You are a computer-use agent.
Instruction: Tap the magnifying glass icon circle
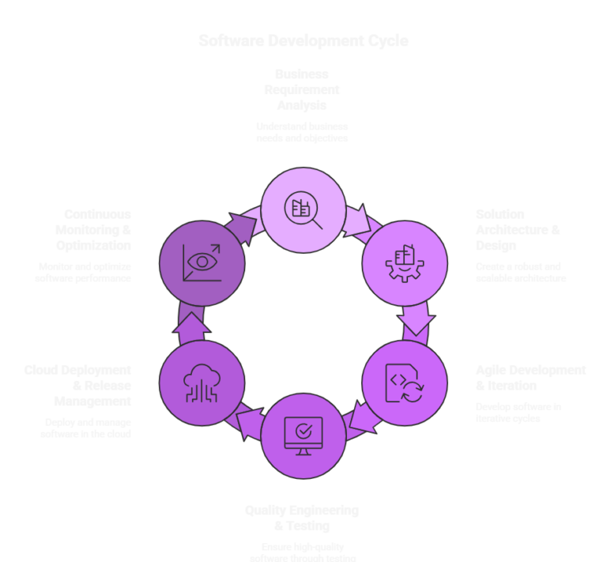click(x=303, y=209)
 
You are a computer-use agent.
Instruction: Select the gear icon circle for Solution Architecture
click(x=404, y=262)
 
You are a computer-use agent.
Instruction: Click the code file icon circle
click(x=404, y=383)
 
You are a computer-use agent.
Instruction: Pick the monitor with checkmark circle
click(x=303, y=436)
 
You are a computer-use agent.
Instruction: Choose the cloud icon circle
click(x=202, y=383)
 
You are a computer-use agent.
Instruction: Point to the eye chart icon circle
click(x=202, y=262)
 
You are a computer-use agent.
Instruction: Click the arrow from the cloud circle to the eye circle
click(x=190, y=324)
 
